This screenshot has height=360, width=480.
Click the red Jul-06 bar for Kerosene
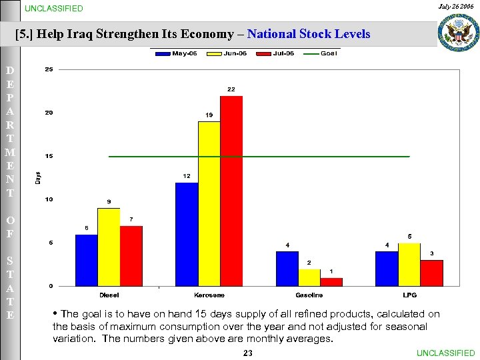(x=231, y=191)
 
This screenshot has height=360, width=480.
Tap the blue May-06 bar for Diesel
(x=87, y=260)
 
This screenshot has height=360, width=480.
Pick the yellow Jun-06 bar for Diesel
(x=109, y=247)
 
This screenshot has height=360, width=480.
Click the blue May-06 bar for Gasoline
(x=287, y=269)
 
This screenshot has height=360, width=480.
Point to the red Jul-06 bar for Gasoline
(x=331, y=282)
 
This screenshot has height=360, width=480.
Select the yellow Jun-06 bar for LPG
(x=409, y=265)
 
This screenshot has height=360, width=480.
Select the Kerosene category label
(x=209, y=295)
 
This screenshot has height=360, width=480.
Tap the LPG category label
(x=409, y=295)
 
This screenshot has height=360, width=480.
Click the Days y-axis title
(x=37, y=178)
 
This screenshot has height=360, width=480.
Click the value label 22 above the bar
(x=231, y=89)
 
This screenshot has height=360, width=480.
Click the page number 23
(x=248, y=353)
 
